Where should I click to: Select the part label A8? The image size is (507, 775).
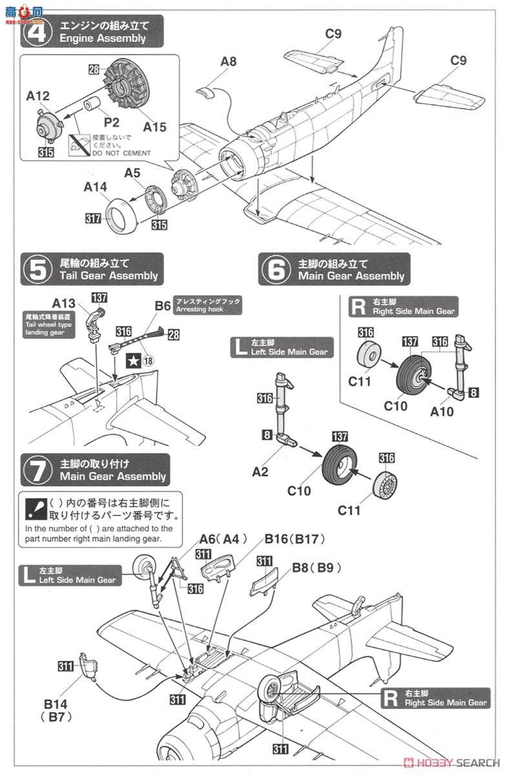(x=228, y=62)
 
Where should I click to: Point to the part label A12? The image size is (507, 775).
(x=38, y=96)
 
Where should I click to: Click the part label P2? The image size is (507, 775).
(x=112, y=123)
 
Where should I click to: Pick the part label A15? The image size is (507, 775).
(x=154, y=127)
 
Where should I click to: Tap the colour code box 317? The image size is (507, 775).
(x=94, y=220)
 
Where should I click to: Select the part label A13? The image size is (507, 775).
(x=64, y=302)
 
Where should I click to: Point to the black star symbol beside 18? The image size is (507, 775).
(x=132, y=362)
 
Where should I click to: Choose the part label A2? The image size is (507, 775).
(x=260, y=472)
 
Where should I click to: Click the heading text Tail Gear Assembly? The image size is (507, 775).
(x=109, y=276)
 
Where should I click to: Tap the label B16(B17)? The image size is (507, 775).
(x=294, y=539)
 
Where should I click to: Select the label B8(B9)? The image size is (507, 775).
(x=316, y=568)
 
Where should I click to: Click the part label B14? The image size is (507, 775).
(x=63, y=704)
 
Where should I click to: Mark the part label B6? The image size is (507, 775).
(x=163, y=304)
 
